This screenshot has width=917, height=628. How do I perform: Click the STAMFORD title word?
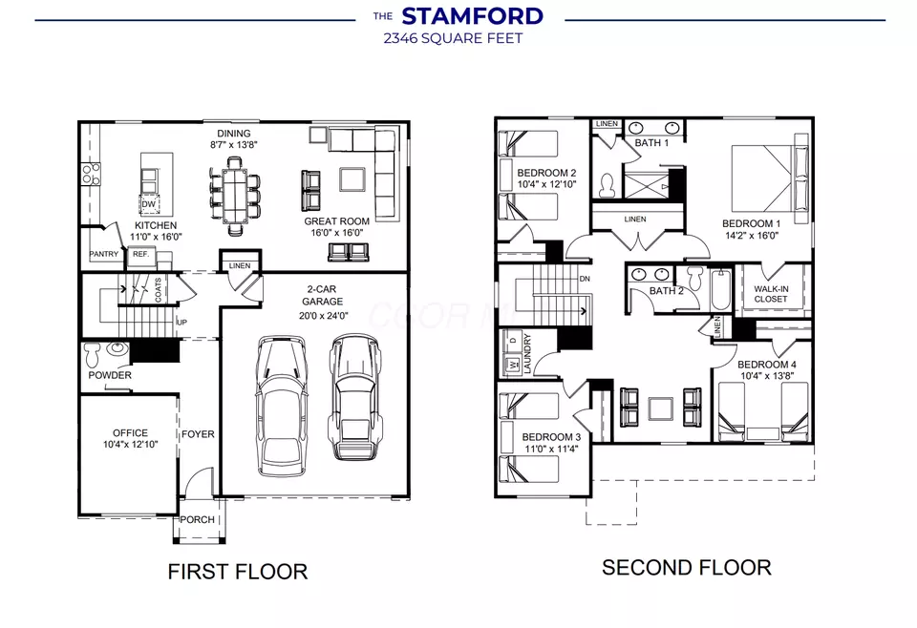(473, 16)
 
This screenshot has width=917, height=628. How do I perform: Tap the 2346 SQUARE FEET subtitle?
(453, 38)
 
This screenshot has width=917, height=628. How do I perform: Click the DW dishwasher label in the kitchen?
(149, 204)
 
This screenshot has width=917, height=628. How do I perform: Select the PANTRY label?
(103, 254)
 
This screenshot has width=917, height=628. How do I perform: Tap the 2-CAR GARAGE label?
(322, 296)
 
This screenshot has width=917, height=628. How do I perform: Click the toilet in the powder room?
(94, 354)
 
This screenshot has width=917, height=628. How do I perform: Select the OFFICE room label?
(131, 433)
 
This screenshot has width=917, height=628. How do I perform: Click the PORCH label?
(197, 519)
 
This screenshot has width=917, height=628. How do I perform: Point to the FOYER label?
(198, 434)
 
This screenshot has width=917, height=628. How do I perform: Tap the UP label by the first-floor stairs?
(181, 323)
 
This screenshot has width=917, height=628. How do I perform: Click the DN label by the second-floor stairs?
(585, 280)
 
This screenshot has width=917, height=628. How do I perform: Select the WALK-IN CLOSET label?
(771, 294)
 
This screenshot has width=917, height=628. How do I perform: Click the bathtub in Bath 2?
(720, 290)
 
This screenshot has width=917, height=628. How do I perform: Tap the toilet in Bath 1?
(608, 186)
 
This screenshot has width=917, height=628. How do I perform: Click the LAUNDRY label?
(527, 353)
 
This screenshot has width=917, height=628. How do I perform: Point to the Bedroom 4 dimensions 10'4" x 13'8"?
(767, 376)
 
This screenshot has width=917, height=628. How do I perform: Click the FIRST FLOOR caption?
(238, 572)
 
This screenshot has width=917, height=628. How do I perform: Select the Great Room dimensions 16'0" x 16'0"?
(337, 233)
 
